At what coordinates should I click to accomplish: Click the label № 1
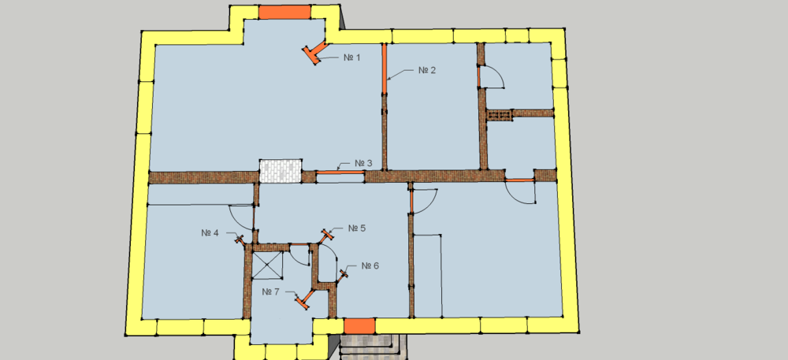[351, 58]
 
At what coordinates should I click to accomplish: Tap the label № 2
[426, 70]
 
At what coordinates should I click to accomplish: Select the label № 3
[363, 163]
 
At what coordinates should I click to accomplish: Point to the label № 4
[210, 233]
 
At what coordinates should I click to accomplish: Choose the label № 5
[357, 228]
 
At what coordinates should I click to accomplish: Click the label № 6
[370, 265]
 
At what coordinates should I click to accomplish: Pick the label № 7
[270, 291]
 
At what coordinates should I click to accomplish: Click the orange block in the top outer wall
[284, 12]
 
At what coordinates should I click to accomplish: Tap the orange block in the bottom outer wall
[360, 326]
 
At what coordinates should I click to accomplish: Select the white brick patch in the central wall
[281, 171]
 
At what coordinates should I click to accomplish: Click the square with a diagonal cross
[267, 265]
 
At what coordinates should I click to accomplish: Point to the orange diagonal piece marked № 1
[315, 52]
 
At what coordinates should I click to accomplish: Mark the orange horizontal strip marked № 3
[340, 173]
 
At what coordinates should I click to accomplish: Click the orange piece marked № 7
[304, 300]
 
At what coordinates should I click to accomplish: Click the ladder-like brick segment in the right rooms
[499, 116]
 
